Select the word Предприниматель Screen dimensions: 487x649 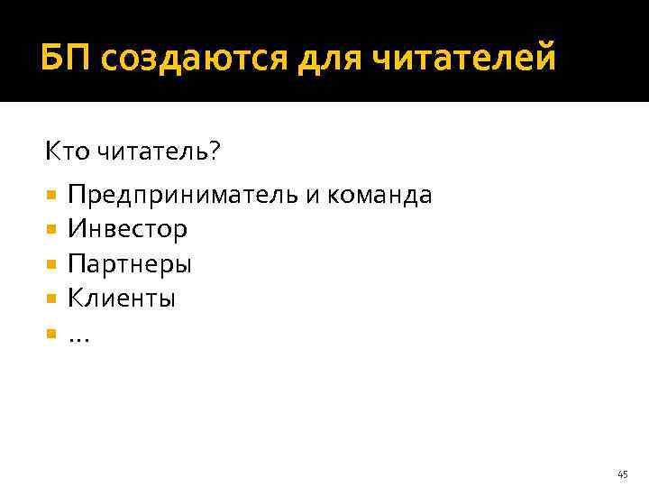tap(184, 195)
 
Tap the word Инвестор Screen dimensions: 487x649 tap(127, 229)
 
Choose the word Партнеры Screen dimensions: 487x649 tap(130, 264)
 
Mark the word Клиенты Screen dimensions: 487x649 tap(122, 299)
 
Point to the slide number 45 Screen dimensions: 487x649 tap(623, 474)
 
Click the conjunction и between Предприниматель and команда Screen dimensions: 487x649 tap(314, 196)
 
